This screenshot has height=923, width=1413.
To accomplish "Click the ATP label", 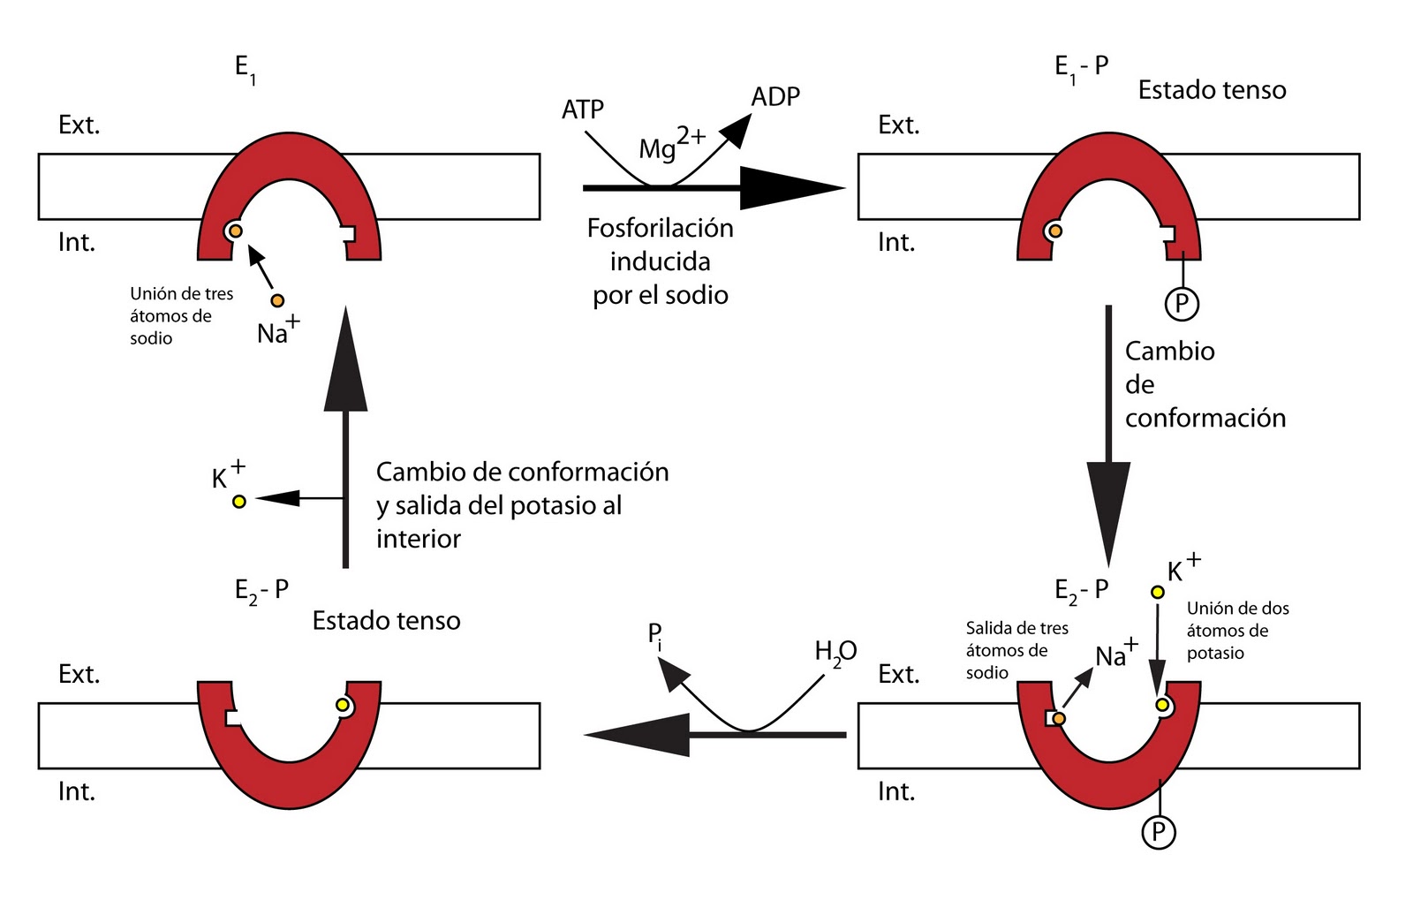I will click(583, 110).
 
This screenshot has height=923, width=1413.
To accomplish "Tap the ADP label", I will click(775, 96).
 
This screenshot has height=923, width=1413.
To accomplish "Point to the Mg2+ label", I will click(671, 144).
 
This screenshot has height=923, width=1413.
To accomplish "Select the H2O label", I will click(835, 653).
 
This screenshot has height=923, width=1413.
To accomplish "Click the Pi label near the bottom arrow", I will click(654, 635).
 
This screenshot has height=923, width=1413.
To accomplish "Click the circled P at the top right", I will click(1182, 304).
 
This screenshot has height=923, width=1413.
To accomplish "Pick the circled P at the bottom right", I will click(1159, 831).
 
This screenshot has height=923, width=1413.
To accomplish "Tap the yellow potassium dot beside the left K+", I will click(238, 502).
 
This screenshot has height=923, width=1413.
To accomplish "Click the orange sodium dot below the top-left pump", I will click(277, 301).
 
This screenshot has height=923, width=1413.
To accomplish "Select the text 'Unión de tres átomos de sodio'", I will click(181, 315).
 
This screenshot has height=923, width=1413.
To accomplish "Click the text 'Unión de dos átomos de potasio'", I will click(1237, 631).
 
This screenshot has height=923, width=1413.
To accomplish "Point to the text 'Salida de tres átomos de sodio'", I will click(1016, 650).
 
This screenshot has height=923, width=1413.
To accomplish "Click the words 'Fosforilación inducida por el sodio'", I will click(661, 261).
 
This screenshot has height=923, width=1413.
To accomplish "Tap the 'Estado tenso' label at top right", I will click(1212, 90).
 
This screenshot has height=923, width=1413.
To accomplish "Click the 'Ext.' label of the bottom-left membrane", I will click(79, 674).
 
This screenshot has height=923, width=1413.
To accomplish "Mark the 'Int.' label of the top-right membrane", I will click(896, 242).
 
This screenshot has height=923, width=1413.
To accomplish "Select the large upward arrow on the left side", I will click(345, 433).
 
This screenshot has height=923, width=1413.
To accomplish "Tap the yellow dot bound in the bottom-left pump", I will click(343, 705).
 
